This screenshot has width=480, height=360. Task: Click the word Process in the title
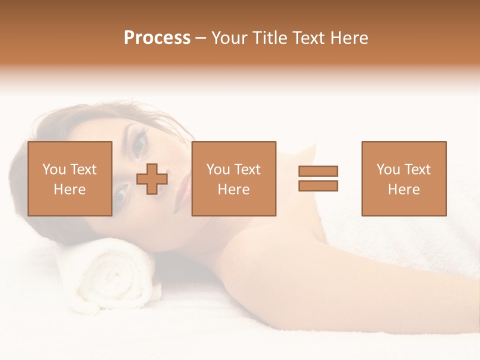pos(157,38)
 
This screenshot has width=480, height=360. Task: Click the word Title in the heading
pos(271,38)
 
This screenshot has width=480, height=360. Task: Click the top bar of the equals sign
pos(318,171)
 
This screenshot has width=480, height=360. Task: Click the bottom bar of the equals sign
pos(318,186)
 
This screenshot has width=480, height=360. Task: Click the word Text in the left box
pos(83,169)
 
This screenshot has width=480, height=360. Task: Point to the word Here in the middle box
pos(233,189)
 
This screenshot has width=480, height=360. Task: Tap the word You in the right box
pos(388,169)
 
